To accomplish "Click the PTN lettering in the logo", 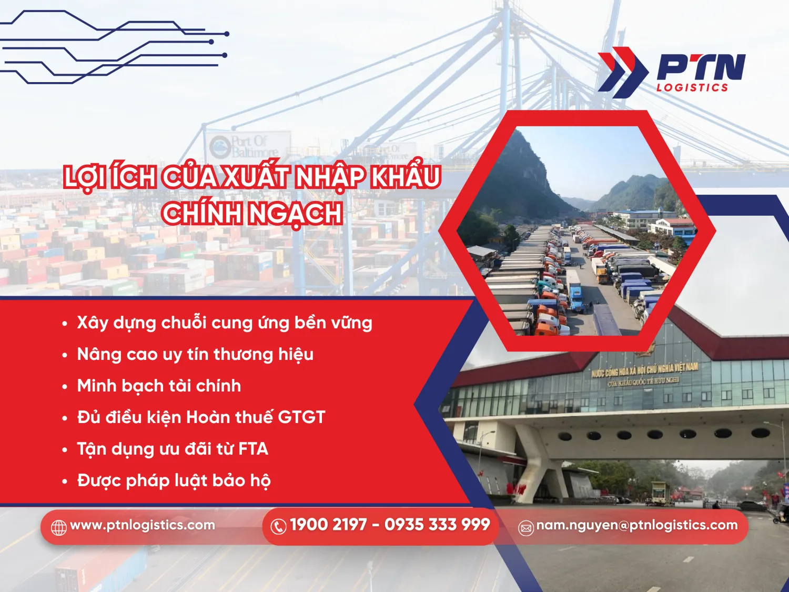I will (x=701, y=67).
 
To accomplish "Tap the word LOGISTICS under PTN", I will (x=692, y=87).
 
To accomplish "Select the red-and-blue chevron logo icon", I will (x=622, y=72).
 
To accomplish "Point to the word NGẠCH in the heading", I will (x=296, y=214).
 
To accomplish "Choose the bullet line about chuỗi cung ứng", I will (x=224, y=323).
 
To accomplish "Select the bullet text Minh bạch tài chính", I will (x=159, y=386).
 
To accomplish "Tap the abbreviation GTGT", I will (x=301, y=417).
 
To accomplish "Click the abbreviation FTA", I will (x=253, y=449).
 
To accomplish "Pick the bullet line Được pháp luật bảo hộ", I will (x=174, y=480).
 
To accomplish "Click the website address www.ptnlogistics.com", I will (x=142, y=525).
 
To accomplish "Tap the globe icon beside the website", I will (x=58, y=527).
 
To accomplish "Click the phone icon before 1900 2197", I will (x=278, y=526).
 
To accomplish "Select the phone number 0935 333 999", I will (x=437, y=525).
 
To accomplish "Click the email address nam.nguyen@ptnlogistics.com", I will (x=636, y=525).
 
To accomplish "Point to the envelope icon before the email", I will (x=526, y=527).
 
